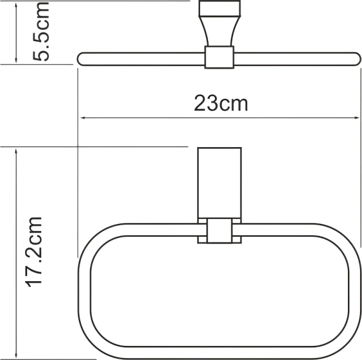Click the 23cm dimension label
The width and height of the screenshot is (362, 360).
tap(221, 103)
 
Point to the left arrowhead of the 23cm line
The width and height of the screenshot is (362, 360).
tap(82, 118)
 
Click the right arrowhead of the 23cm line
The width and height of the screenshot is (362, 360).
tap(358, 118)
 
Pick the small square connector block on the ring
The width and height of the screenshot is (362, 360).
tap(219, 231)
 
